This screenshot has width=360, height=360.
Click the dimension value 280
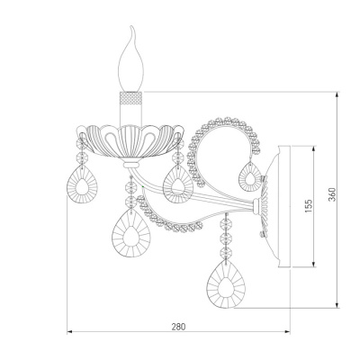point(178,327)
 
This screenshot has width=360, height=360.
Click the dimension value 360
point(331,194)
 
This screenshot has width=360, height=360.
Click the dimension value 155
point(309,206)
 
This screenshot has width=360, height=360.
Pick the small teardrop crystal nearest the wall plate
point(250,176)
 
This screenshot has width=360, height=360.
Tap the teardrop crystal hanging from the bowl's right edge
point(177,183)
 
